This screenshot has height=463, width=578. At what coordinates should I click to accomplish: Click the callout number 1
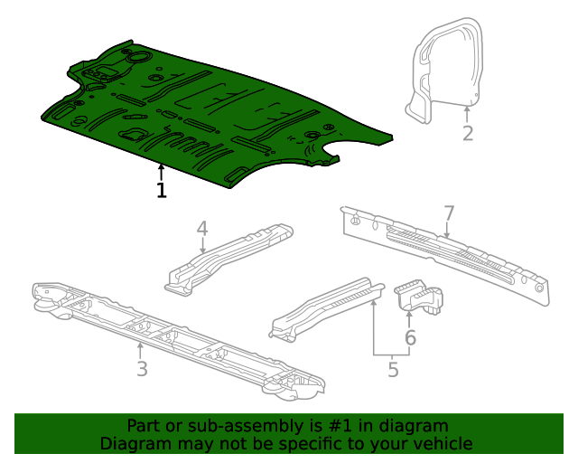coord(161,191)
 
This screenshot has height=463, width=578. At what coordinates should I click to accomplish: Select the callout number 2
coord(467,134)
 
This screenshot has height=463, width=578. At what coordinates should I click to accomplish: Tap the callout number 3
coord(142,368)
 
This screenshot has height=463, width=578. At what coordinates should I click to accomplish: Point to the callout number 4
coord(202,229)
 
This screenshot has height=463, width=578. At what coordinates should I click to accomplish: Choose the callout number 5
coord(393,368)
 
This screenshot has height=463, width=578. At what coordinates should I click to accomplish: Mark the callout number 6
coord(410,337)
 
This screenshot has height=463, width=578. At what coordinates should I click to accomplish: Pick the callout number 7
coord(449,214)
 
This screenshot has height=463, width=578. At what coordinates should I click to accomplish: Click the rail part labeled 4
coord(230,258)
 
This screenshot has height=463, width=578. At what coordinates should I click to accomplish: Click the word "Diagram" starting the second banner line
coord(132,443)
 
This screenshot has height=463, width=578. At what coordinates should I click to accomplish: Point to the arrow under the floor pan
coord(161,171)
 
